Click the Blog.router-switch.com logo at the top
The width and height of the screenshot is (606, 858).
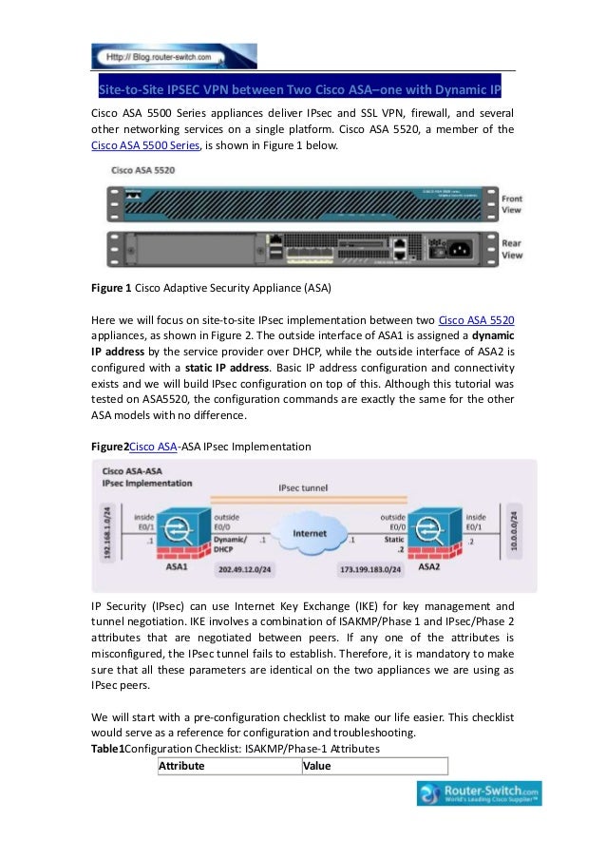point(160,57)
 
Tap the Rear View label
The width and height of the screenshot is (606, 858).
point(512,249)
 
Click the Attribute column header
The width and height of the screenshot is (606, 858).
point(181,765)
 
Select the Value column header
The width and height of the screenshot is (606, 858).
point(316,765)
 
